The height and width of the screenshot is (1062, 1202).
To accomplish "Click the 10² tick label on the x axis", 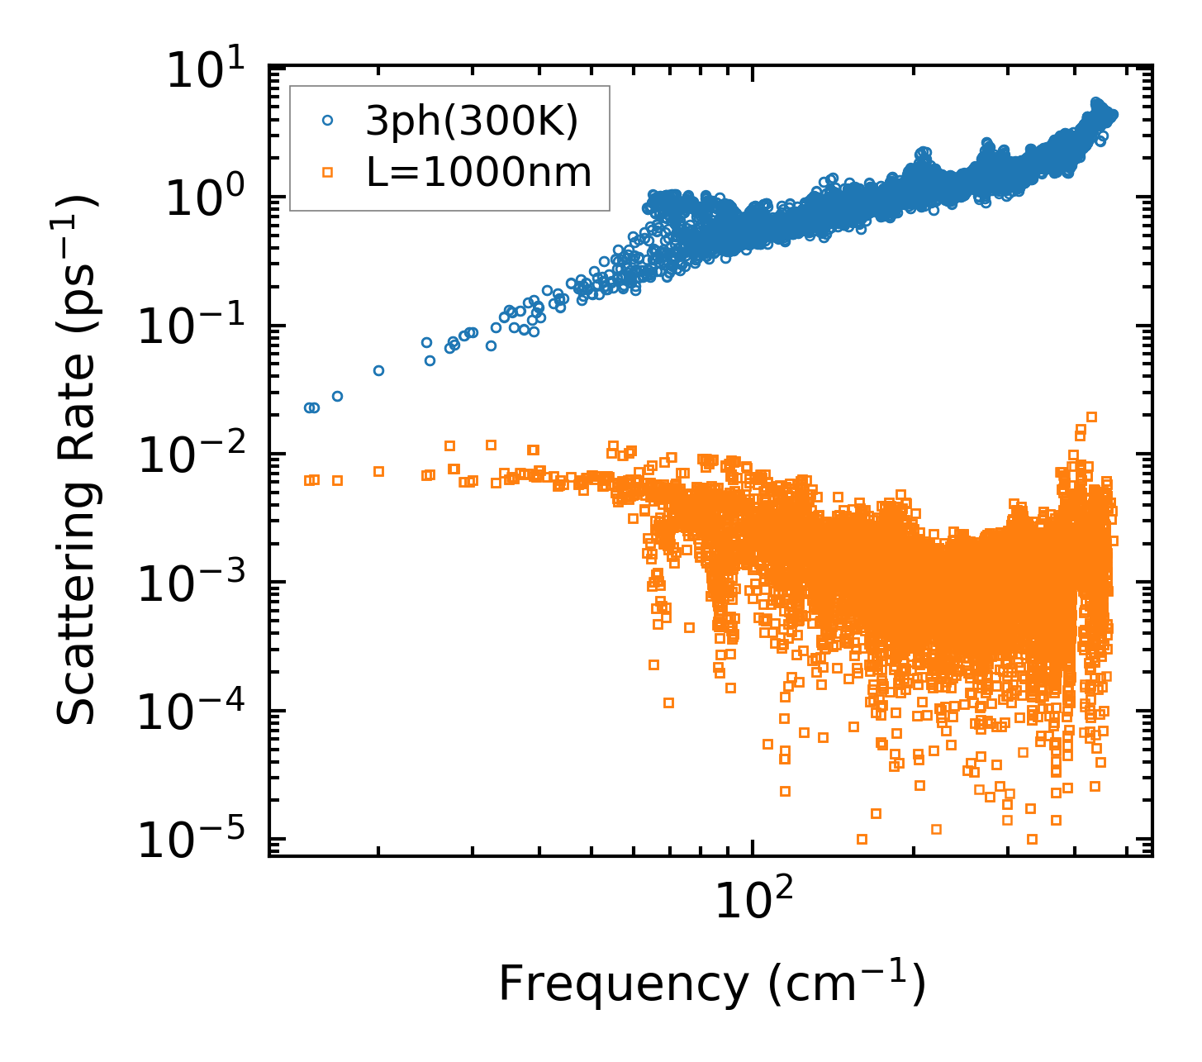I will tap(752, 899).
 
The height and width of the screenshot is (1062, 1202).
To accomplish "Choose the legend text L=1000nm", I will tap(479, 173).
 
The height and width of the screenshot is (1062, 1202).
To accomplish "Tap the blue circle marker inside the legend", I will tap(327, 121).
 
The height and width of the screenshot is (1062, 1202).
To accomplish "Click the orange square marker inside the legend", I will tap(327, 173).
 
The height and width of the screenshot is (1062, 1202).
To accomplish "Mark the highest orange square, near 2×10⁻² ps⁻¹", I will tap(1091, 417).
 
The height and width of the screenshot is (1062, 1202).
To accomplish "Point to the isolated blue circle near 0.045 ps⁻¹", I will tap(378, 370).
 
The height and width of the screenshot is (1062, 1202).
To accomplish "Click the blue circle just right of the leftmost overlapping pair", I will tap(337, 396).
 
